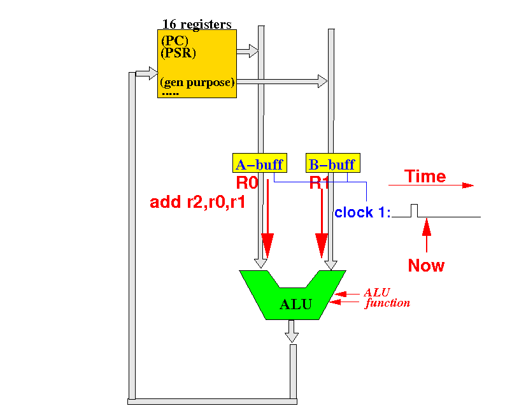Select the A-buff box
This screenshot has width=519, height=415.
[260, 163]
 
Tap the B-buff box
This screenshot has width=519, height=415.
[332, 163]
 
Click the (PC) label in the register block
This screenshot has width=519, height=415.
[174, 41]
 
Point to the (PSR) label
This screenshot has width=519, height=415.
[178, 53]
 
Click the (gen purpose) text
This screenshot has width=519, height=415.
[197, 82]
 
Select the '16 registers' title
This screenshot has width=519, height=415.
[197, 24]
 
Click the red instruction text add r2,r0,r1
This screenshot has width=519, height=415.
[197, 202]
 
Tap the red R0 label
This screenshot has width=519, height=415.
[247, 183]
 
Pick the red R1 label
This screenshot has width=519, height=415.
[319, 183]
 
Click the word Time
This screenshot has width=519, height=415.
[425, 176]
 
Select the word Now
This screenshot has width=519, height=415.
[426, 265]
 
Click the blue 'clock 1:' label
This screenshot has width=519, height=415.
[362, 212]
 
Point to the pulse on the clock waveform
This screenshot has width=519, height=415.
[414, 210]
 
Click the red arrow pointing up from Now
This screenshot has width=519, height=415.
[427, 235]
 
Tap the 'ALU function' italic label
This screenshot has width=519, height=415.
[387, 298]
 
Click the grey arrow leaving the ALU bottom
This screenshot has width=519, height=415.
[292, 331]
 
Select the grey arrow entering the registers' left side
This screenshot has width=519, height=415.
[147, 73]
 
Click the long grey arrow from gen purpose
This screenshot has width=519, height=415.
[282, 82]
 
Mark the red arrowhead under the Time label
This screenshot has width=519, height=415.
[468, 186]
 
